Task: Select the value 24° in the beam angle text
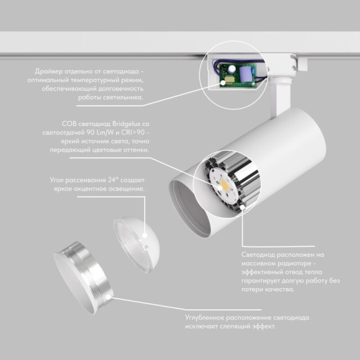click(x=112, y=180)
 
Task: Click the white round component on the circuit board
click(x=232, y=68)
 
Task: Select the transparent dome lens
click(x=136, y=245)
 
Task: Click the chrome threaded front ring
click(x=83, y=277)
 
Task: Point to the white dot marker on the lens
click(x=145, y=236)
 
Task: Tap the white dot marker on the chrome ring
click(x=107, y=297)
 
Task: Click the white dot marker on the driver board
click(x=223, y=83)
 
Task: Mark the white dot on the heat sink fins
click(x=242, y=207)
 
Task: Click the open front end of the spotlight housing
click(x=189, y=209)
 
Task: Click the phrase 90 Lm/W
click(x=101, y=133)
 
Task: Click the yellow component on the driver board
click(x=230, y=79)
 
